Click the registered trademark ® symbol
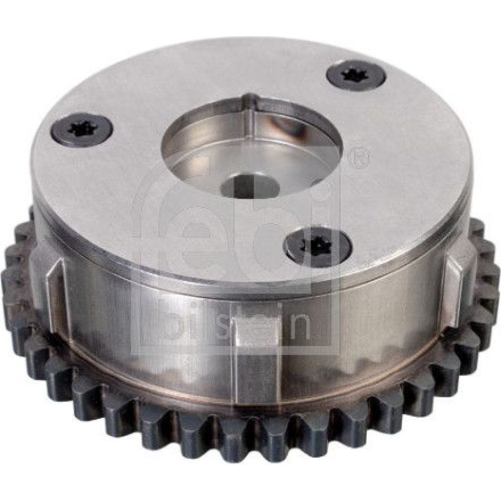coord(360,155)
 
